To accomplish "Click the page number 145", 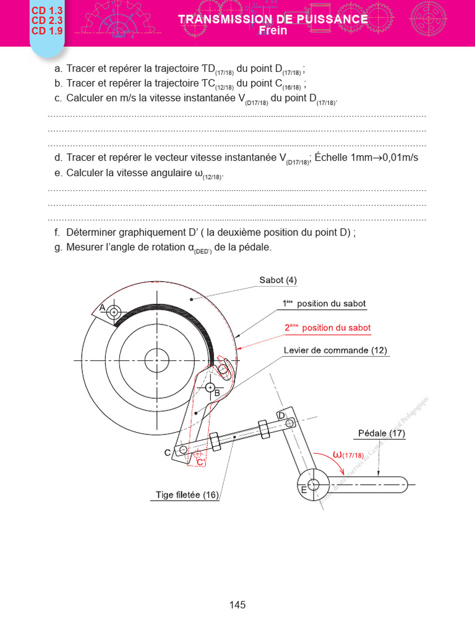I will click(237, 605).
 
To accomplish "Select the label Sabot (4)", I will click(278, 280).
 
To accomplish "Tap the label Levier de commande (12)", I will click(335, 350).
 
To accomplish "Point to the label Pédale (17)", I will click(382, 433).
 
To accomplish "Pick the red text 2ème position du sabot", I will click(328, 328).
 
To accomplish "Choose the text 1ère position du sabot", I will click(324, 304).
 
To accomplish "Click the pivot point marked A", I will click(114, 313).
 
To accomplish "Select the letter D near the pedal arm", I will click(281, 415).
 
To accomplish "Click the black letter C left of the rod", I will click(168, 452).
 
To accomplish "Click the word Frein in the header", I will click(273, 30).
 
